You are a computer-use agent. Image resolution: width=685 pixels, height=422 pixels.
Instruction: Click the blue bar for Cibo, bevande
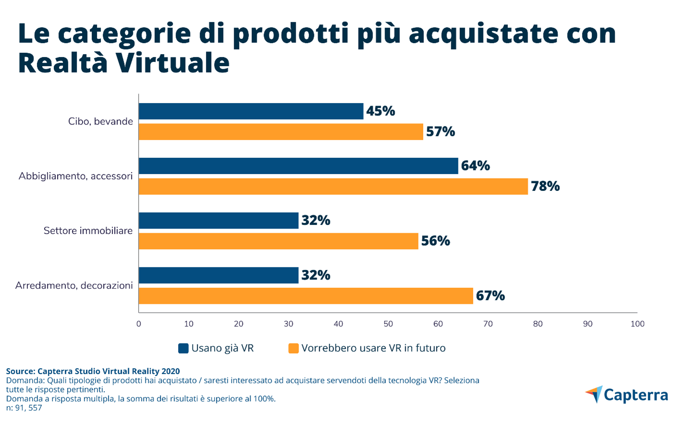tap(251, 111)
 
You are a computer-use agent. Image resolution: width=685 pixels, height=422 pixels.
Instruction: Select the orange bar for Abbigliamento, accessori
tap(333, 187)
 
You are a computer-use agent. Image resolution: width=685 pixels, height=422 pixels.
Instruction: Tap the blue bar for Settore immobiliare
tap(218, 221)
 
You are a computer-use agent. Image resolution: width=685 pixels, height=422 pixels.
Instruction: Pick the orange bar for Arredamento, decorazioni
tap(306, 296)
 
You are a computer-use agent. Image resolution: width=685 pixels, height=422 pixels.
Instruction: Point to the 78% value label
tap(545, 186)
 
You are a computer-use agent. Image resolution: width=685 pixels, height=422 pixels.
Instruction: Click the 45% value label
tap(380, 111)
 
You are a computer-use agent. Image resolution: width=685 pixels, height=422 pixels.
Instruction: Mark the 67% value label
tap(490, 296)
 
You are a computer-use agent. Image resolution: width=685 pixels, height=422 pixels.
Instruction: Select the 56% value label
tap(435, 241)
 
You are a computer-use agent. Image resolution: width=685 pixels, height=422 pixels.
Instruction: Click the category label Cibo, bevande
tap(100, 121)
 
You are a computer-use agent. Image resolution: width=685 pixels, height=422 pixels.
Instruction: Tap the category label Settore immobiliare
tap(88, 231)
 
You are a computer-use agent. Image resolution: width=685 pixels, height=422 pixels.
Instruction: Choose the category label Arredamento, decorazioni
tap(74, 285)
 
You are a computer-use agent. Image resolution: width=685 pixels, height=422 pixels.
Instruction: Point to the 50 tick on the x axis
tap(388, 324)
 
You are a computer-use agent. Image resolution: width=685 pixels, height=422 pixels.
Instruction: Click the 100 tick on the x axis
tap(637, 324)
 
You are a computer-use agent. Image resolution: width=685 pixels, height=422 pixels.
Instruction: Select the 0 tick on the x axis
tap(139, 324)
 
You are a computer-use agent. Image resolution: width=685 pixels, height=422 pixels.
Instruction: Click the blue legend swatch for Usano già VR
tap(183, 349)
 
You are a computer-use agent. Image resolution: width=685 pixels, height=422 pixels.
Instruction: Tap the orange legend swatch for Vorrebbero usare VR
tap(293, 349)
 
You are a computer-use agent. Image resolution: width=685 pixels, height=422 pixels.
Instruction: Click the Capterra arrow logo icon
tap(594, 394)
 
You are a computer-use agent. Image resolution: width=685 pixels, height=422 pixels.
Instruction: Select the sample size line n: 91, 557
tap(24, 408)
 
